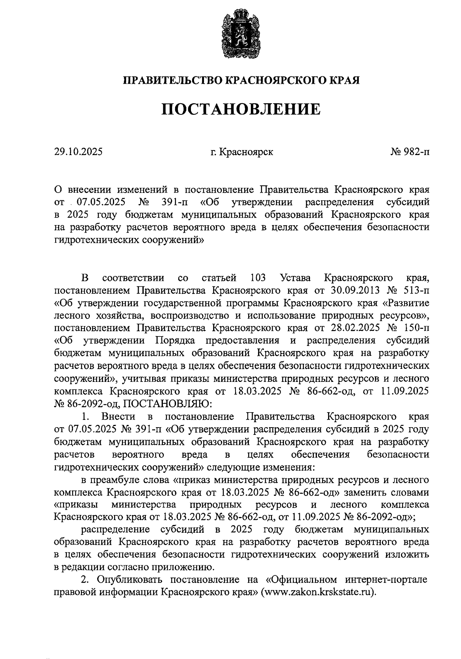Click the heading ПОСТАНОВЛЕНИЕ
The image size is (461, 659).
pyautogui.click(x=241, y=109)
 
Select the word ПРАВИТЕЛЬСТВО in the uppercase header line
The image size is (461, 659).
pyautogui.click(x=172, y=80)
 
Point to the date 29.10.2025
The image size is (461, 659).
pyautogui.click(x=78, y=152)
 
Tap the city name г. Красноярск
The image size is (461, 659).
pyautogui.click(x=242, y=152)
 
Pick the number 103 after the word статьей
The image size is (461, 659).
pyautogui.click(x=258, y=277)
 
